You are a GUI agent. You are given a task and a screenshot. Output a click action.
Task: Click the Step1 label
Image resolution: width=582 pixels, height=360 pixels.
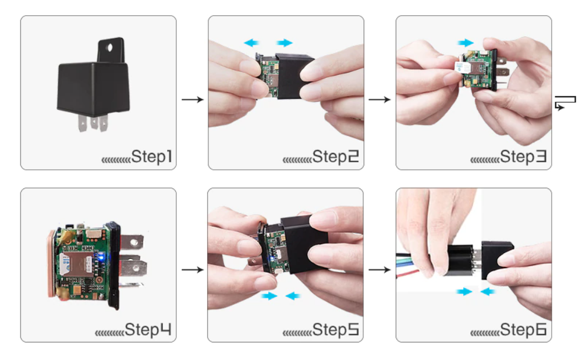152,157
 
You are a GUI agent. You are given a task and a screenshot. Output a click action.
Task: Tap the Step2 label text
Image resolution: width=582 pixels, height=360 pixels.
336,157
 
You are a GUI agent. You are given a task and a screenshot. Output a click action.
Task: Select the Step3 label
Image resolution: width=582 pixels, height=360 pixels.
523,157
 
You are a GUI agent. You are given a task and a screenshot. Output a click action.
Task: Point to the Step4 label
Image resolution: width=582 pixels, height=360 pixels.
148,330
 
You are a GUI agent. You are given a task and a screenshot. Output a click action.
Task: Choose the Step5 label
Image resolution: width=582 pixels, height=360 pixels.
336,330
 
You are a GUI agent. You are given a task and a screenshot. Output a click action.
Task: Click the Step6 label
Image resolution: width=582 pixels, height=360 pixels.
523,330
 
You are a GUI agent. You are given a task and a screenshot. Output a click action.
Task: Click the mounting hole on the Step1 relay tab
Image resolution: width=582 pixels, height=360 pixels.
109,48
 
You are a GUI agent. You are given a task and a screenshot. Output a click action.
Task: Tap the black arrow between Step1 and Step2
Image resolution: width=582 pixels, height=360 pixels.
193,99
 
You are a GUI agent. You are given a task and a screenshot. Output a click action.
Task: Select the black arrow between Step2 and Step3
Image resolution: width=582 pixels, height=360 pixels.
379,99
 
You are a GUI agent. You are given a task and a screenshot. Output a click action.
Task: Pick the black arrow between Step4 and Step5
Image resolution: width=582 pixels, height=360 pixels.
193,269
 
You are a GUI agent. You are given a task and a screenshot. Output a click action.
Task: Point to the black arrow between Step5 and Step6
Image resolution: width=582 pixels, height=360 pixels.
379,269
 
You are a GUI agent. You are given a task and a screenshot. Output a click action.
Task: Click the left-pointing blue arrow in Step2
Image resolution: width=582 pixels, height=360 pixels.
251,42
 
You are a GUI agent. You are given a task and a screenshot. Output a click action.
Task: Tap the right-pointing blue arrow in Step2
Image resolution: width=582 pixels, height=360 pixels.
285,42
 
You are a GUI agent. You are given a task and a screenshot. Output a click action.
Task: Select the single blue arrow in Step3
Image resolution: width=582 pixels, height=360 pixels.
466,42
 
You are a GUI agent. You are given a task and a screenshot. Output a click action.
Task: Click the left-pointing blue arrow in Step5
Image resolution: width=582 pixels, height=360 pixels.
293,296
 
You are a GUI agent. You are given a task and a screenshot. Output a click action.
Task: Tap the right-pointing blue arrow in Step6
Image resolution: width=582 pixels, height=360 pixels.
464,292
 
